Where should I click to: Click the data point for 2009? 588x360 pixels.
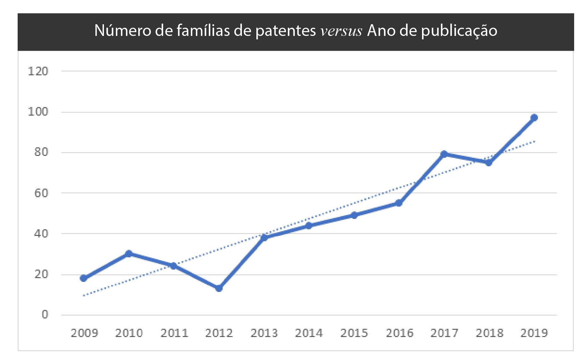coord(83,278)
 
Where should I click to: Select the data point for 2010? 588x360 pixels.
coord(128,254)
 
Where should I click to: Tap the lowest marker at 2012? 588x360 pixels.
coord(219,288)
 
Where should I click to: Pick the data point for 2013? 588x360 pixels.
coord(264,237)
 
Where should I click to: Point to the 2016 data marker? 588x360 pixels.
coord(399,203)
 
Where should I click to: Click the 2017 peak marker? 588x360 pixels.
coord(444,154)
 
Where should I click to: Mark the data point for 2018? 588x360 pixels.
coord(489,163)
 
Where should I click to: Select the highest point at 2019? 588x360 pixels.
coord(534,118)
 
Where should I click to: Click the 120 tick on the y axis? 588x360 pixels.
coord(38,71)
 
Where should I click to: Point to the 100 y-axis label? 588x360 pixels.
coord(38,112)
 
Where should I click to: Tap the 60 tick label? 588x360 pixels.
coord(41,193)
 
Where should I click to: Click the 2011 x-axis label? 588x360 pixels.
coord(174,333)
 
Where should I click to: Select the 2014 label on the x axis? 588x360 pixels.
coord(309,333)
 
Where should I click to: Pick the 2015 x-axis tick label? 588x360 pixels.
coord(354,333)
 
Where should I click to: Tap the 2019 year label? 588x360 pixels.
coord(534,333)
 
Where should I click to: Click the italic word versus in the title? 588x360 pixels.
coord(341,31)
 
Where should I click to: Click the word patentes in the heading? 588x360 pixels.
coord(286,31)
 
